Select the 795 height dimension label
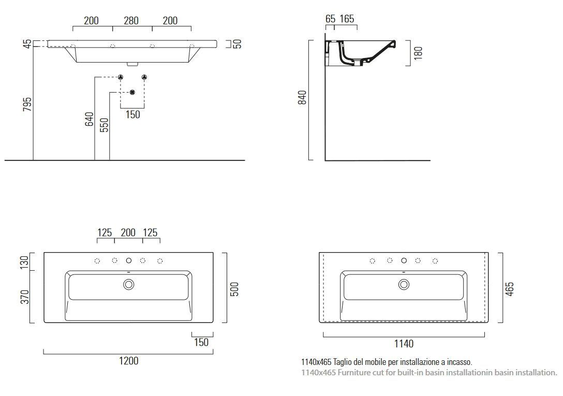tap(28, 104)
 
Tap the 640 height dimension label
tap(89, 119)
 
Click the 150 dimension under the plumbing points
tap(132, 114)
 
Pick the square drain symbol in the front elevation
tap(132, 92)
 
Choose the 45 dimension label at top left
tap(27, 43)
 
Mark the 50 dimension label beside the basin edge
tap(237, 43)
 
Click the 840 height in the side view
tap(303, 97)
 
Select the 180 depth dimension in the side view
tap(419, 53)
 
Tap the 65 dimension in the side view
tap(330, 19)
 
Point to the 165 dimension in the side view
tap(347, 19)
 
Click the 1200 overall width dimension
tap(128, 361)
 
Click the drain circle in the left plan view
tap(128, 284)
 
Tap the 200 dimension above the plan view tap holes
tap(128, 232)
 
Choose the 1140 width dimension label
tap(404, 343)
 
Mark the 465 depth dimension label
tap(510, 288)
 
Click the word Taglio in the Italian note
tap(345, 362)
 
